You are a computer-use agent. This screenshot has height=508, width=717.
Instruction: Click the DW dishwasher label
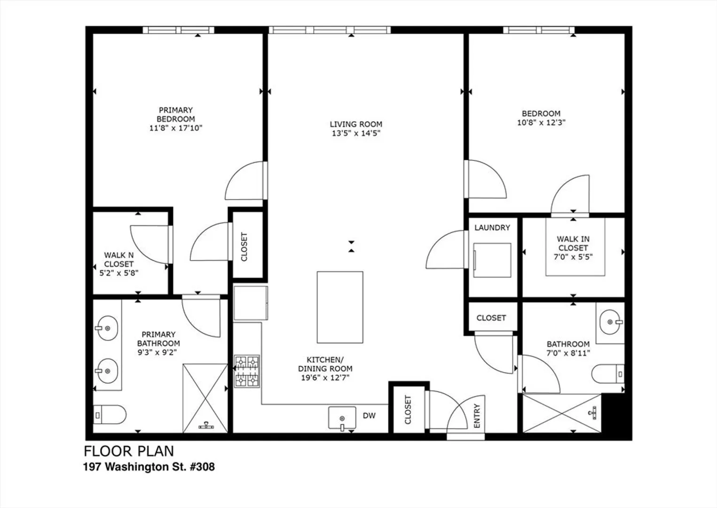(x=369, y=416)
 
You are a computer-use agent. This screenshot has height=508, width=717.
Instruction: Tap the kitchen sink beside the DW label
(x=342, y=418)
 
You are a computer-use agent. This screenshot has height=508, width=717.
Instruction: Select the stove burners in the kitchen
(x=247, y=371)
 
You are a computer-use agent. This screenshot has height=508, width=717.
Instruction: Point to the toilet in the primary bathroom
(x=110, y=415)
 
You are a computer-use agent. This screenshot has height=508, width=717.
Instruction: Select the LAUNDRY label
(x=492, y=228)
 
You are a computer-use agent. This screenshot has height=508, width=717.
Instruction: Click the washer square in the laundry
(x=492, y=260)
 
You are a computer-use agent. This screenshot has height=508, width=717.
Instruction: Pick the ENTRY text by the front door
(x=477, y=416)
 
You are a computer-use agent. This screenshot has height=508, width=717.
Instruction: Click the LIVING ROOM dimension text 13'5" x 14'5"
(x=356, y=133)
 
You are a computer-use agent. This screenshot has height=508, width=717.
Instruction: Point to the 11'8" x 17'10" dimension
(x=176, y=128)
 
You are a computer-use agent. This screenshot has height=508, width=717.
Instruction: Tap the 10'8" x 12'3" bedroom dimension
(x=541, y=123)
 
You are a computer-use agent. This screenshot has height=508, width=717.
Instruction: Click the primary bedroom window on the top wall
(x=178, y=30)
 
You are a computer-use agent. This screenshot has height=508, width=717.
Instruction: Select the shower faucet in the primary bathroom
(x=206, y=425)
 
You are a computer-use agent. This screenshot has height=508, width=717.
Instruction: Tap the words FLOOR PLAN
(x=129, y=451)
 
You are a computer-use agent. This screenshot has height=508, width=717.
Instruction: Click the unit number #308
(x=202, y=467)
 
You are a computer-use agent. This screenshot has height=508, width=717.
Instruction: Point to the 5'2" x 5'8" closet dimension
(x=119, y=273)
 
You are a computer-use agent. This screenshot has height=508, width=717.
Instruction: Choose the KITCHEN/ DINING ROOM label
(x=325, y=364)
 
